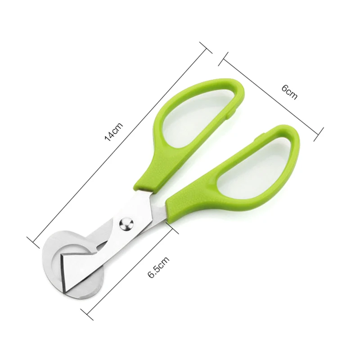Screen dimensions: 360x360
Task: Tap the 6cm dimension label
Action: click(x=289, y=92)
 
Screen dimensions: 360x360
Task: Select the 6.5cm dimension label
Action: click(x=158, y=267)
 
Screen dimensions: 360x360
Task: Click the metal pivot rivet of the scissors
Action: click(x=126, y=224)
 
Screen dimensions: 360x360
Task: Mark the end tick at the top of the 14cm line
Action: click(x=206, y=48)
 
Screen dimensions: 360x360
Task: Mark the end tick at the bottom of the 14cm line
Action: click(x=33, y=243)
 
